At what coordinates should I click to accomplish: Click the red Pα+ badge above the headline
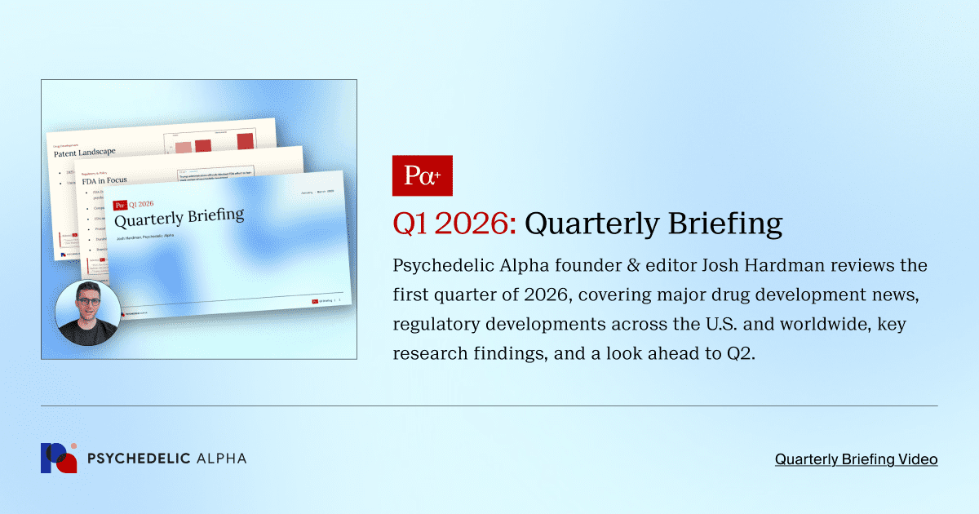click(x=422, y=175)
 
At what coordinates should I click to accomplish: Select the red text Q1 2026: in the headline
click(x=454, y=223)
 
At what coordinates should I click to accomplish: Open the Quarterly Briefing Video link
click(x=856, y=459)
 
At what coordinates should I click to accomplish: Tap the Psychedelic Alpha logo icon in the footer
click(x=59, y=459)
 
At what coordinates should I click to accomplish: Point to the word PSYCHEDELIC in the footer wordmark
click(x=137, y=459)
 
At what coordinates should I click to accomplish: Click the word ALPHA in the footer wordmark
click(x=221, y=459)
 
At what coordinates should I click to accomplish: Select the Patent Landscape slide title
click(x=85, y=152)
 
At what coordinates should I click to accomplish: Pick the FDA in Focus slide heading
click(x=104, y=180)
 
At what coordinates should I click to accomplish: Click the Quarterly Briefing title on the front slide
click(x=179, y=218)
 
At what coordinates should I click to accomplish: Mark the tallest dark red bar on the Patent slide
click(x=245, y=141)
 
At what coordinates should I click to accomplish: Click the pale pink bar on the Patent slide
click(x=183, y=147)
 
